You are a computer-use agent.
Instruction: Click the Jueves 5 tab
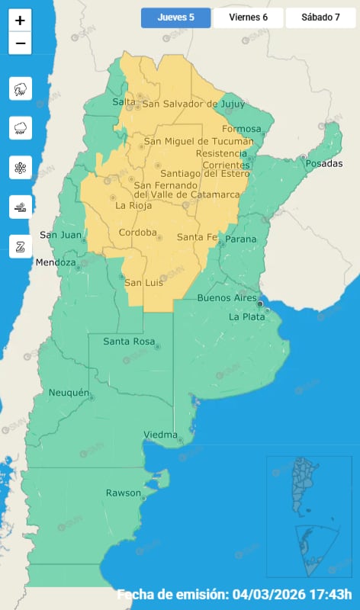pos(175,18)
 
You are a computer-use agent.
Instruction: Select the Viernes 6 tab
pos(248,18)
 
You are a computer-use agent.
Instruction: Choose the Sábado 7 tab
pos(321,18)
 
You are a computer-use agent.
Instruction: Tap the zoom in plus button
pos(20,21)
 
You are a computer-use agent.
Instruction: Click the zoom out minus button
pos(20,43)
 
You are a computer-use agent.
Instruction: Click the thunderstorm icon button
pos(21,89)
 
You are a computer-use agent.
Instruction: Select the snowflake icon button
pos(21,167)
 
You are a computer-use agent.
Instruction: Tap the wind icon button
pos(21,206)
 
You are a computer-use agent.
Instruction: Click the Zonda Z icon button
pos(21,245)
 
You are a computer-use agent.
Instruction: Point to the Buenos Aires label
pos(227,297)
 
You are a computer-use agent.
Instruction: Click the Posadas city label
pos(326,163)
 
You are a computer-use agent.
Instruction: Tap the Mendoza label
pos(56,263)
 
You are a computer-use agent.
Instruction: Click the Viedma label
pos(160,435)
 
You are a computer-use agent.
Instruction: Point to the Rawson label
pos(124,493)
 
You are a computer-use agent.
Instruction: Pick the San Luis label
pos(143,283)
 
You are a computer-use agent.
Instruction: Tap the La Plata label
pos(246,316)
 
